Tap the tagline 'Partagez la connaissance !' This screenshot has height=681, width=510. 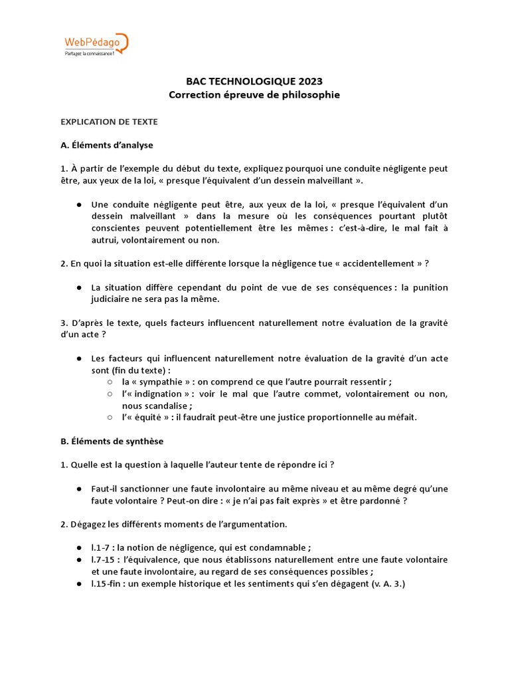[x=89, y=53]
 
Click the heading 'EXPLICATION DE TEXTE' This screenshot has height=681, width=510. [x=109, y=122]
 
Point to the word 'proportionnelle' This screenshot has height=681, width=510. [x=337, y=418]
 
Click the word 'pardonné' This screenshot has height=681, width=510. [x=379, y=501]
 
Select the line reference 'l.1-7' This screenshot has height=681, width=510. [x=102, y=548]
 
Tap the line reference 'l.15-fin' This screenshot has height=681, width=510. [x=108, y=584]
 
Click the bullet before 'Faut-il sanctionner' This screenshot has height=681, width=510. [x=80, y=489]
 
